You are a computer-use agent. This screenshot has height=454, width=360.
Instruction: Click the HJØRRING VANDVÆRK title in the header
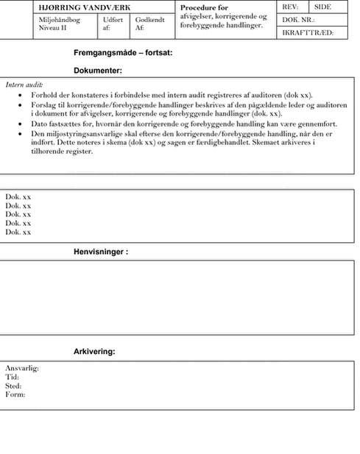[85, 7]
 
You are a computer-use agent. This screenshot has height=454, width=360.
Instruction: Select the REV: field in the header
[290, 7]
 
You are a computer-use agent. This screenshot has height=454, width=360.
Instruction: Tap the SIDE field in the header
[322, 7]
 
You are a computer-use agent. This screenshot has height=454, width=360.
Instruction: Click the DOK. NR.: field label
[298, 20]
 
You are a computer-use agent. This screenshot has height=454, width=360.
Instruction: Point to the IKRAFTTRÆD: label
[308, 32]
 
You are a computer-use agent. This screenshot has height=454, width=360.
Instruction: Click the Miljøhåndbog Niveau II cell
[60, 24]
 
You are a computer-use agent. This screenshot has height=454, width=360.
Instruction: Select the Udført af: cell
[113, 24]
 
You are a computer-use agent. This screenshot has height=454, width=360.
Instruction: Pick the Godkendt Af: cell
[149, 24]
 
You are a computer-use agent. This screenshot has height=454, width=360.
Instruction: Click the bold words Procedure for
[204, 7]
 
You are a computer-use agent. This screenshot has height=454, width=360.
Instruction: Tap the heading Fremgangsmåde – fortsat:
[123, 53]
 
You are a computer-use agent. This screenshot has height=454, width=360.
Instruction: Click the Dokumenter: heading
[98, 71]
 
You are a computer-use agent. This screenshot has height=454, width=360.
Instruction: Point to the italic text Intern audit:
[24, 85]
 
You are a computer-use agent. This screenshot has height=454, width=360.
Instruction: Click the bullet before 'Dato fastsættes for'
[20, 124]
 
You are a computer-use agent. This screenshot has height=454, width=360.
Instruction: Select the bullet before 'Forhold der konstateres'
[20, 95]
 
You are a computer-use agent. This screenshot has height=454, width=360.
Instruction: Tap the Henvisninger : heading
[101, 252]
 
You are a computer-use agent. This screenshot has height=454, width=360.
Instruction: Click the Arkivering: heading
[94, 352]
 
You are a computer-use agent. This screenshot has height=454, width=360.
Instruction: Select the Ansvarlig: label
[22, 369]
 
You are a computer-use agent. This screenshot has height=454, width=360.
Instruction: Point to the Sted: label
[13, 386]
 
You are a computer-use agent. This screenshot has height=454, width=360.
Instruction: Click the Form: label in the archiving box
[15, 394]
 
